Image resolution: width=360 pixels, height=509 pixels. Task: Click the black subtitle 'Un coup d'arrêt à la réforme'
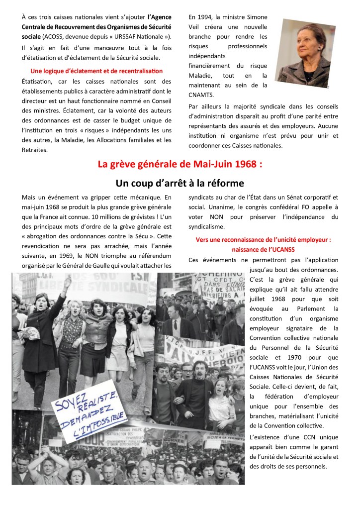pyautogui.click(x=180, y=183)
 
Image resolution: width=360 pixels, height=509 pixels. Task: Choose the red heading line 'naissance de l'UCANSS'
pyautogui.click(x=263, y=249)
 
